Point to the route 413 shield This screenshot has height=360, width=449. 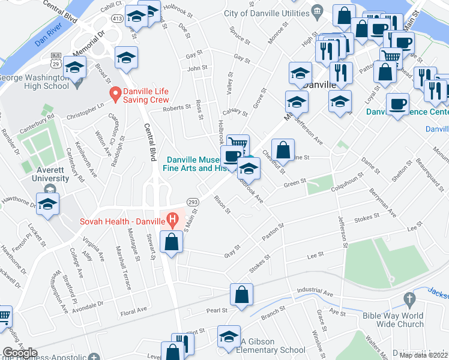117,19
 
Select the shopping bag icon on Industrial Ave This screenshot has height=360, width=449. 241,295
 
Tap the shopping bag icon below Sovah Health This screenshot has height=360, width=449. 172,242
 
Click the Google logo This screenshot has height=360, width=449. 20,353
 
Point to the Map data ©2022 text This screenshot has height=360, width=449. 423,355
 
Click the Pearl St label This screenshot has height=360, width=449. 217,311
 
